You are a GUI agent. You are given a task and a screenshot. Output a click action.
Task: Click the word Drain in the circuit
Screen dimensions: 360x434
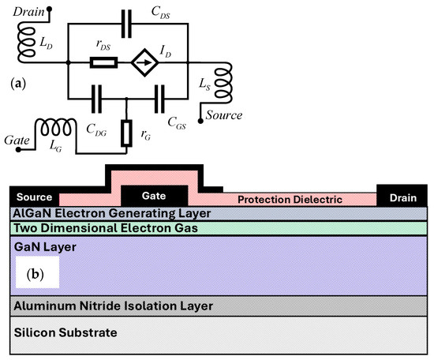[x=19, y=7]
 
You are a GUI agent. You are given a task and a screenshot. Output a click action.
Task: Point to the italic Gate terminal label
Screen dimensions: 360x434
[x=16, y=140]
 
